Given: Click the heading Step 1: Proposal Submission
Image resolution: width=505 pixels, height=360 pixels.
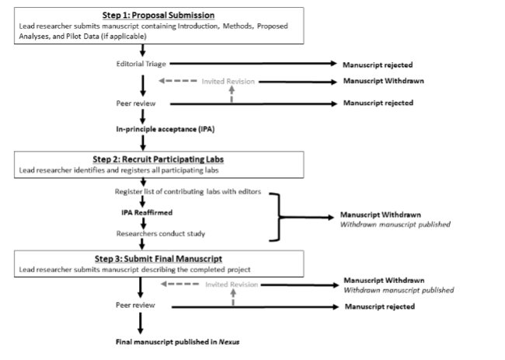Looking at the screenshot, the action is pos(158,15).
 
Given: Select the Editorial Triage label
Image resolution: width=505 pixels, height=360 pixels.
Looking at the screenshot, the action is pos(141,64).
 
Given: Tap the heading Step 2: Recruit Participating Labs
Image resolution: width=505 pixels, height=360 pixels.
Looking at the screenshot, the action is pos(158,159).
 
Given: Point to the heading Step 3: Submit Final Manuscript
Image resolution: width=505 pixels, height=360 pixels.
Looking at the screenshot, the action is pos(158,259).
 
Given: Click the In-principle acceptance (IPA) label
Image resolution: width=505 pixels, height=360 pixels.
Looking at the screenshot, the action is pos(165,129).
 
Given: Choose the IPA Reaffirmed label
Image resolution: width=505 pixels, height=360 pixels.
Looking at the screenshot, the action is pos(147,212).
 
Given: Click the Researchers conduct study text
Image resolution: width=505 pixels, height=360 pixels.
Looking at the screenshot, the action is pos(161,233).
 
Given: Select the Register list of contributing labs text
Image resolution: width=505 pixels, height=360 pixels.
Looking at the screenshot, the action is pos(188,191).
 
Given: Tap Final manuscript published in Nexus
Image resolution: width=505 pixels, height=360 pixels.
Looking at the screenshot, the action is pos(177,341).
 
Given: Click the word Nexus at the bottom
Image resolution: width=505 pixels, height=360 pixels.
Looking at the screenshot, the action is pos(229,341).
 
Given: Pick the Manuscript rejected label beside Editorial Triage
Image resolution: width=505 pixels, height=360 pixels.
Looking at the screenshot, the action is pos(378,65).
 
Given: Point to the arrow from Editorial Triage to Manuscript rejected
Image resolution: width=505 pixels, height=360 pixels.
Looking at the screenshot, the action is pos(253,64).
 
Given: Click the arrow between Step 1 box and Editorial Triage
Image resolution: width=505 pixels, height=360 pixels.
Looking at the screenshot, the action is pos(142,51).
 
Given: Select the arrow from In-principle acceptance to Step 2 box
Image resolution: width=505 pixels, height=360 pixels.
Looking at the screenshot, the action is pos(143,143).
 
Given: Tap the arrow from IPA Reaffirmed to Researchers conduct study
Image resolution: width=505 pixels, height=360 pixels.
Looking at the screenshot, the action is pos(143,223).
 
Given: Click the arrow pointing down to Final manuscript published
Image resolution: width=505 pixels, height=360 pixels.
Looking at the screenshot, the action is pos(140,323).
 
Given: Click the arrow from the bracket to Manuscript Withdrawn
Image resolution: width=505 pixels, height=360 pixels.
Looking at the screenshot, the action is pos(307,217).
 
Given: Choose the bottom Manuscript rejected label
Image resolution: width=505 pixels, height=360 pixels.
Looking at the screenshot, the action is pos(380,306).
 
